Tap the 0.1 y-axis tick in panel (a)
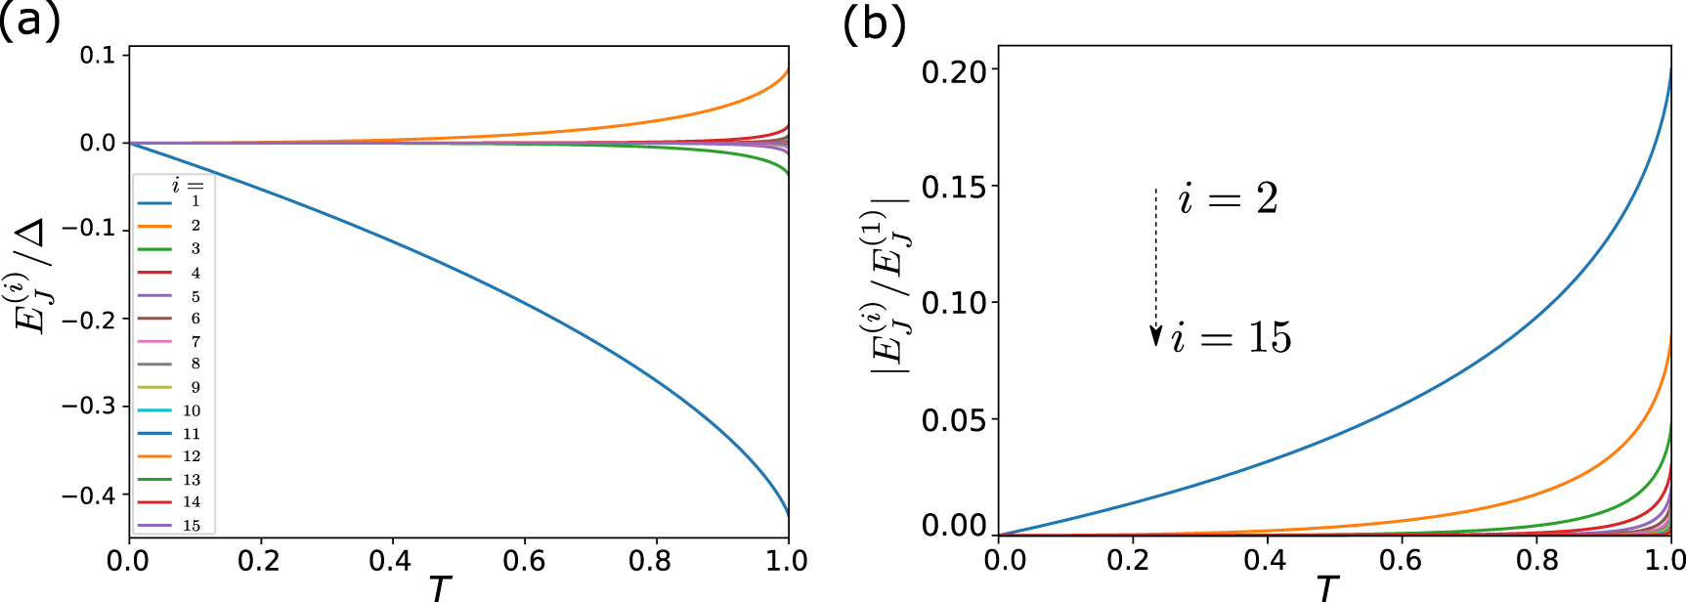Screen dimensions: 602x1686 coord(98,55)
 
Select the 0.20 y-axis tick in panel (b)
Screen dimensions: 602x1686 coord(954,70)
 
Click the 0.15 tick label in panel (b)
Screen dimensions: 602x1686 coord(954,187)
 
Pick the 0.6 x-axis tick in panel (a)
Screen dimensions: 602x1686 coord(523,561)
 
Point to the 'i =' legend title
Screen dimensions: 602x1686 coord(188,185)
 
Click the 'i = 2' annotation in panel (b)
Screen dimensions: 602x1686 coord(1229,199)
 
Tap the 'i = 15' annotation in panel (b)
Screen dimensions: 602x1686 coord(1232,338)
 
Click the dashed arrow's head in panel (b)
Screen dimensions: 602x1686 coord(1155,337)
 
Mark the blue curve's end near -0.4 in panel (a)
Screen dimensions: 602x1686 coord(788,512)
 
